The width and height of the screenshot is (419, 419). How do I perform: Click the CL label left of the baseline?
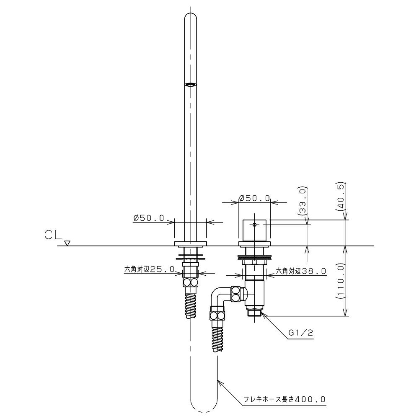(x=53, y=235)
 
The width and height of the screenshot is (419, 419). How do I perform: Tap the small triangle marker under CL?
(x=67, y=243)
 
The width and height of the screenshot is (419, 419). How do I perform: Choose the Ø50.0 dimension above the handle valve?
(x=254, y=198)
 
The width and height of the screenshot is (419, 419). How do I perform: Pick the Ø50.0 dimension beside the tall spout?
(x=149, y=218)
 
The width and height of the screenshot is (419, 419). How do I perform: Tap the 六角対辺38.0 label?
(x=300, y=271)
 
